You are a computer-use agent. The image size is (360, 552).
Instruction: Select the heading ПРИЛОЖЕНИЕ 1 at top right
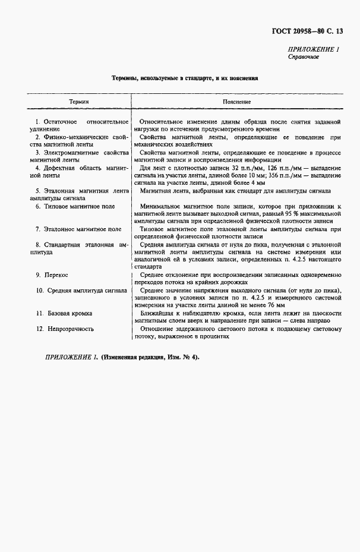pyautogui.click(x=314, y=50)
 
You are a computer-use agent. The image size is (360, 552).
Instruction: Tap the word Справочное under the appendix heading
pyautogui.click(x=304, y=57)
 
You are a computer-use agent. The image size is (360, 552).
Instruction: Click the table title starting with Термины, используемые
pyautogui.click(x=185, y=78)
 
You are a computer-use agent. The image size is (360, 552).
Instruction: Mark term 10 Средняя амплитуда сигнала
pyautogui.click(x=80, y=291)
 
